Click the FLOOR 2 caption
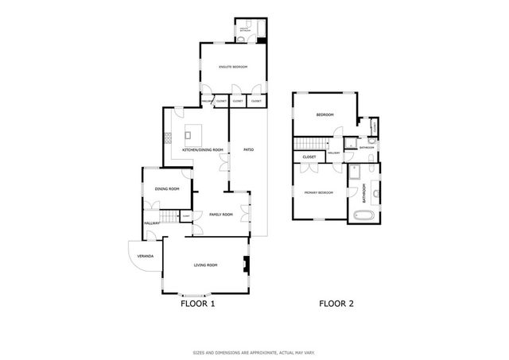coord(336,303)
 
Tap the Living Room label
coord(206,265)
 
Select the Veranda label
coord(146,256)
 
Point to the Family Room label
coord(220,214)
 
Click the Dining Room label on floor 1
coord(166,188)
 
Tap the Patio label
coord(248,149)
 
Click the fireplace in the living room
coord(245,266)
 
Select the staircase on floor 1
coord(167,218)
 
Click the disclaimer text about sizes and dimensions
coord(254,352)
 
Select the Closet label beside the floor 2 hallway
coord(309,157)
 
